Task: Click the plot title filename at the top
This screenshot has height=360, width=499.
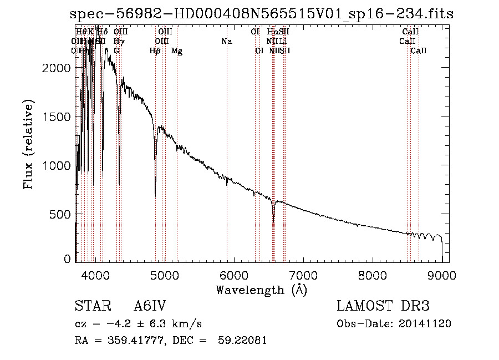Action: [262, 14]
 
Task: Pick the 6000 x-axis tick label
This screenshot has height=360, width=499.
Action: [234, 275]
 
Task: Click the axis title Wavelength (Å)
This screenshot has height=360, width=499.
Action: [261, 290]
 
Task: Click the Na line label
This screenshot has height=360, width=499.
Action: [226, 42]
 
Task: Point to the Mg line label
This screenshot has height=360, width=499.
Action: [177, 51]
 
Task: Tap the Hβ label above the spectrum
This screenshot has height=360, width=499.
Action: [155, 51]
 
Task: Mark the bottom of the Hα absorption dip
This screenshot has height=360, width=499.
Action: [273, 222]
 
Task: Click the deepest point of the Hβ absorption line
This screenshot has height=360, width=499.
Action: [155, 195]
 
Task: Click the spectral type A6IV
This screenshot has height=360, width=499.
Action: [150, 307]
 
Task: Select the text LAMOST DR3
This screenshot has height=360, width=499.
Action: [383, 307]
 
